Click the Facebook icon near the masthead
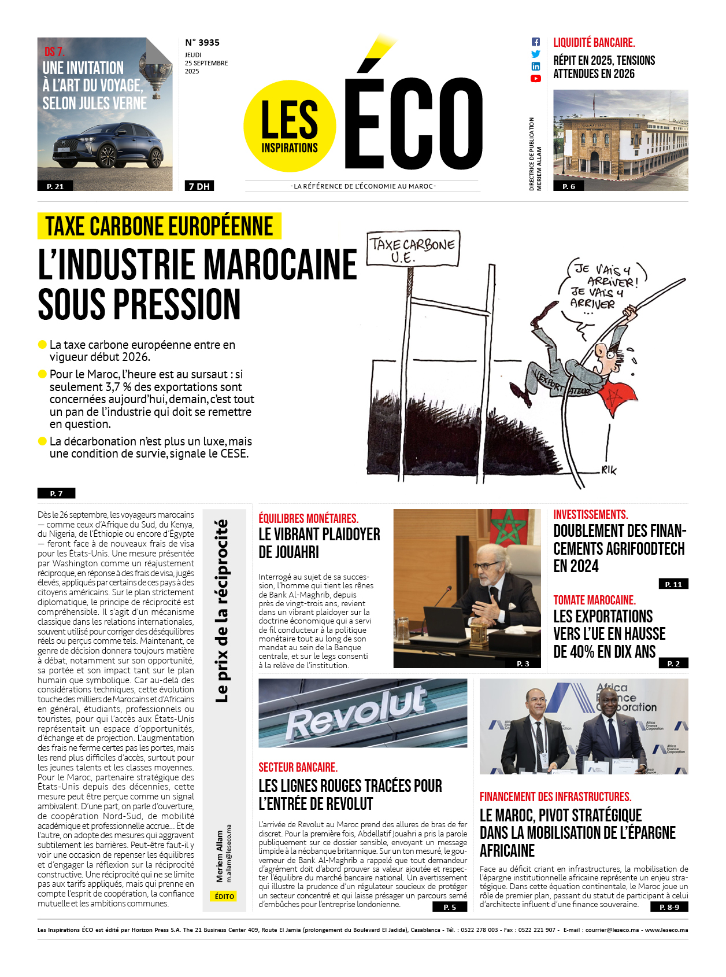[x=535, y=42]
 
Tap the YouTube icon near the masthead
[x=535, y=79]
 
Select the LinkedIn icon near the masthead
[x=535, y=67]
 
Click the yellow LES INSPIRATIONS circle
[x=290, y=126]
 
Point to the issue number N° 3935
[x=202, y=42]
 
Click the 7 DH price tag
[x=199, y=186]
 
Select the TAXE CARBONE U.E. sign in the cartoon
[x=412, y=249]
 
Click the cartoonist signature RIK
[x=609, y=470]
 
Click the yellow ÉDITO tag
[x=224, y=896]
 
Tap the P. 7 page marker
[x=56, y=493]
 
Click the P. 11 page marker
[x=673, y=584]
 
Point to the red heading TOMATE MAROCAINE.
[x=594, y=600]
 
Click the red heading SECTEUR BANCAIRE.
[x=298, y=767]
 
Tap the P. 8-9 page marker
[x=669, y=907]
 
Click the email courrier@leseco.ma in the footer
[x=612, y=930]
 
